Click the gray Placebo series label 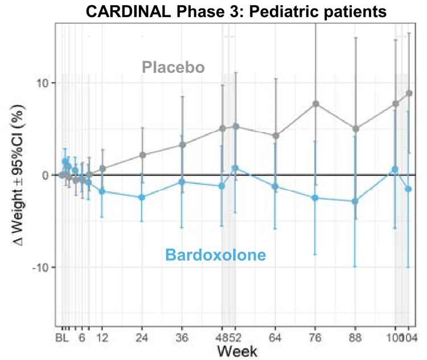173,68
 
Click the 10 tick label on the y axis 43,83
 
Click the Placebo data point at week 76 315,104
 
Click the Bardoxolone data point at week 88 355,201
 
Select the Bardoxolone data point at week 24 142,197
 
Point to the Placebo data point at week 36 182,145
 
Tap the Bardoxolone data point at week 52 235,168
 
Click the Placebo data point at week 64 276,136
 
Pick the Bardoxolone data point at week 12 102,191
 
